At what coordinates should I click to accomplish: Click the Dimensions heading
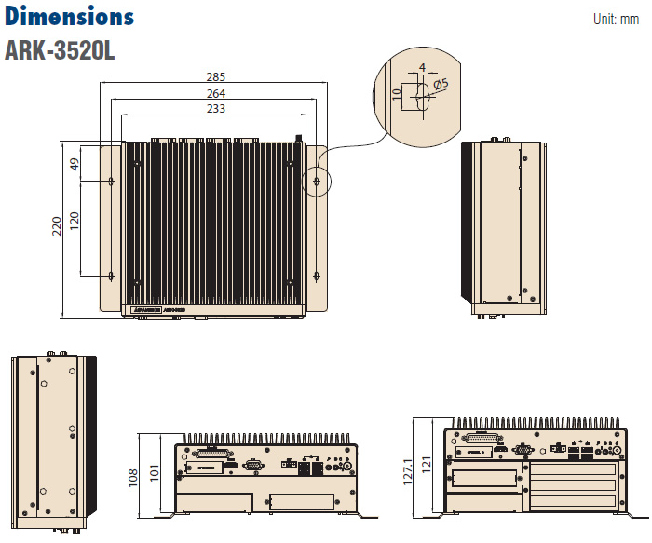click(x=70, y=17)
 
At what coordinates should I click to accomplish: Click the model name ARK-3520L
click(x=60, y=49)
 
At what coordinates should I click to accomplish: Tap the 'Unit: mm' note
click(x=616, y=19)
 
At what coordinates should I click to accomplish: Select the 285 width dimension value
click(x=216, y=77)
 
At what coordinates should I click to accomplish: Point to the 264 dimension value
click(x=216, y=93)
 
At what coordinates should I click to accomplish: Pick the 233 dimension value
click(x=216, y=109)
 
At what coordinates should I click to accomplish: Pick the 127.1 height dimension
click(x=409, y=470)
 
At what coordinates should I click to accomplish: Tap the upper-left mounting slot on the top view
click(x=112, y=181)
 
